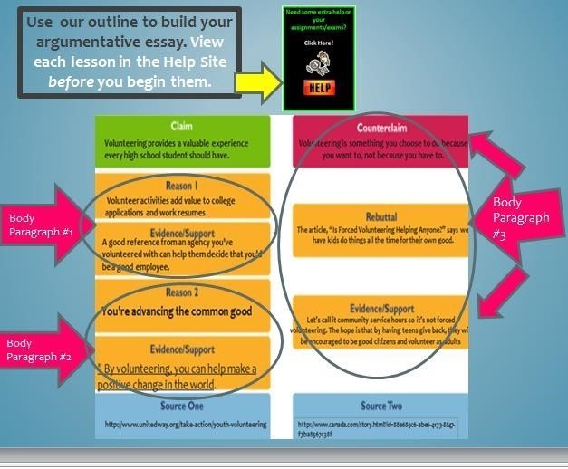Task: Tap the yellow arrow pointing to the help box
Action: tap(257, 81)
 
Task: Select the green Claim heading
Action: tap(181, 126)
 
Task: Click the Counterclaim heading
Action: tap(380, 128)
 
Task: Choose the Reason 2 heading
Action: tap(181, 292)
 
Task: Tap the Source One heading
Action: tap(181, 406)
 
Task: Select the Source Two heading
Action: tap(380, 406)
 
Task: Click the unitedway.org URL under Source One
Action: tap(186, 424)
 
